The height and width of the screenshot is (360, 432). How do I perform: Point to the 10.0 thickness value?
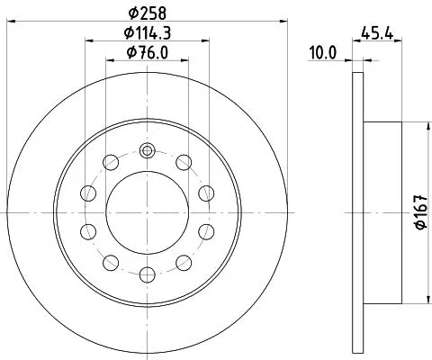point(321,53)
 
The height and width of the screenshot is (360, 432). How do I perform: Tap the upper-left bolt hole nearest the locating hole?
point(110,163)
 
